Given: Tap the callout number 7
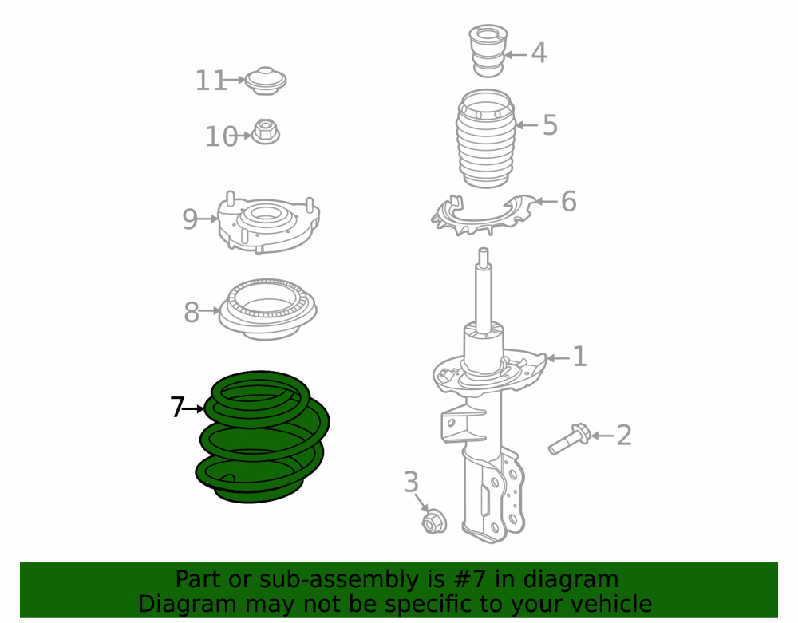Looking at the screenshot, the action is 176,408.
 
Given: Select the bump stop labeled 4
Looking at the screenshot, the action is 488,50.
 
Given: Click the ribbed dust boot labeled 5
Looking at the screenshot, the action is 486,138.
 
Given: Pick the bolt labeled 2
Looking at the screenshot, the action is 569,440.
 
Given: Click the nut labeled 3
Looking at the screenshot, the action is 433,521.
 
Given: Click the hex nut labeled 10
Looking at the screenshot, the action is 266,131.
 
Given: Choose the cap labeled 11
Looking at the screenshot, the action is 266,81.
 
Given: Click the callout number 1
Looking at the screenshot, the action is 579,357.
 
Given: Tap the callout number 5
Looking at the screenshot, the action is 550,125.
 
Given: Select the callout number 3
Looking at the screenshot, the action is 411,482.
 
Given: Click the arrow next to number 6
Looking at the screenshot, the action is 547,201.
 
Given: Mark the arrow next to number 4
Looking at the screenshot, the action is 516,54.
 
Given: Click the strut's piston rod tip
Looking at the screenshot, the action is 484,250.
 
